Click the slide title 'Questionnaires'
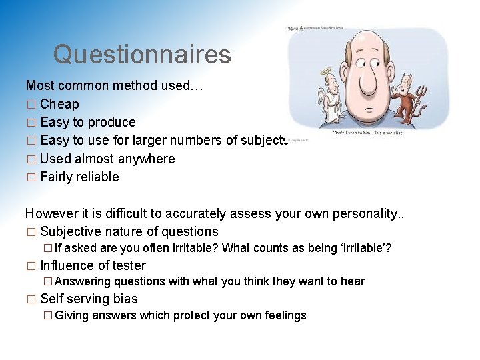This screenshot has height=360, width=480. coord(142,54)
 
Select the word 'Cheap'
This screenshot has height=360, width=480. coord(59,104)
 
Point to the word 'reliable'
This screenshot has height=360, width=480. coord(97,177)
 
